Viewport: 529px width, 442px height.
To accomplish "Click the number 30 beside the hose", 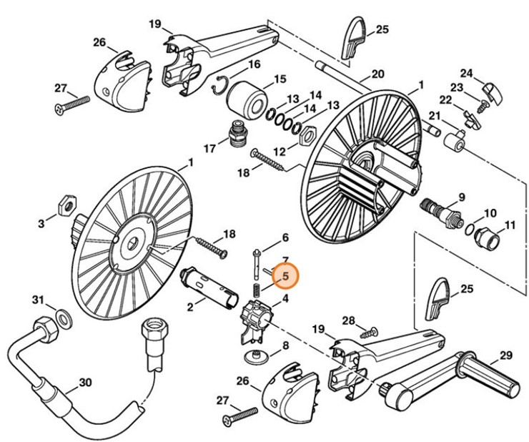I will coord(85,383).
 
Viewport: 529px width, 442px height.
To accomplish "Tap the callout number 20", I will coord(377,74).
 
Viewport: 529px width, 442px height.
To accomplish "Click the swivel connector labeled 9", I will coord(438,209).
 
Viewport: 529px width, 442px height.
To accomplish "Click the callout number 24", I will coord(467,73).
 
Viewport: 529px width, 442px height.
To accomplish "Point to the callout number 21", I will coord(434,117).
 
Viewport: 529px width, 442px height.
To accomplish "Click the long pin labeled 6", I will coord(255,266).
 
